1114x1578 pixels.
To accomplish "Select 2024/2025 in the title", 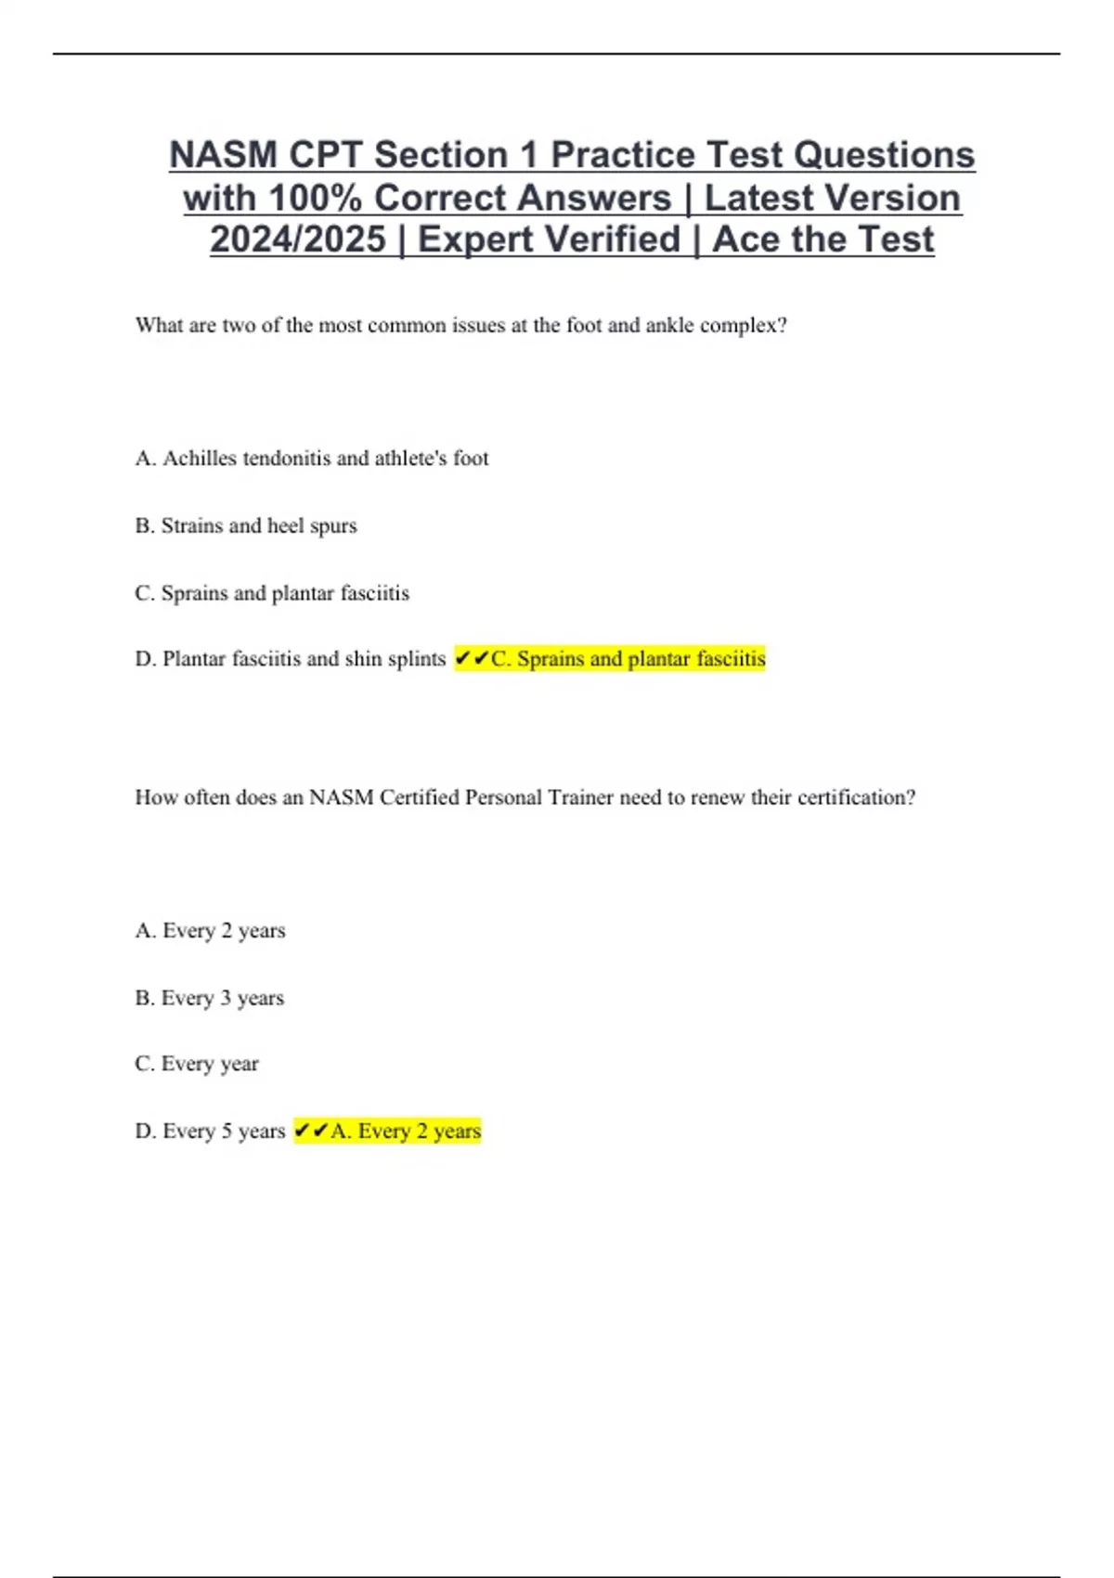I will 297,239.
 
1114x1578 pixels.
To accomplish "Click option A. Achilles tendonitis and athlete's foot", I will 312,459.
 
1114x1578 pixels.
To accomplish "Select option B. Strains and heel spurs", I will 246,526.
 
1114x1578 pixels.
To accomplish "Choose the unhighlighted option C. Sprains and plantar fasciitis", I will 272,593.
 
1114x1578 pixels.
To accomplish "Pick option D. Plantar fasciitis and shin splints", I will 291,659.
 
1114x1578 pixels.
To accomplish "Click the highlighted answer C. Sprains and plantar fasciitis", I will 628,659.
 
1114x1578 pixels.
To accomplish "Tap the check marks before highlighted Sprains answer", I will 472,659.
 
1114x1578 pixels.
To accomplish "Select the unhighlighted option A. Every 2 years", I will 211,931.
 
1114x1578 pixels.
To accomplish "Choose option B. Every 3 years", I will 210,999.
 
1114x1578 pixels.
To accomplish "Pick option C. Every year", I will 197,1064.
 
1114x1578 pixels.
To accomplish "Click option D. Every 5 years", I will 211,1132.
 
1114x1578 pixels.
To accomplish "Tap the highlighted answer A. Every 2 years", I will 406,1132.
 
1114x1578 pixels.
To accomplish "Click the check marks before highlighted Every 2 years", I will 311,1132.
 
